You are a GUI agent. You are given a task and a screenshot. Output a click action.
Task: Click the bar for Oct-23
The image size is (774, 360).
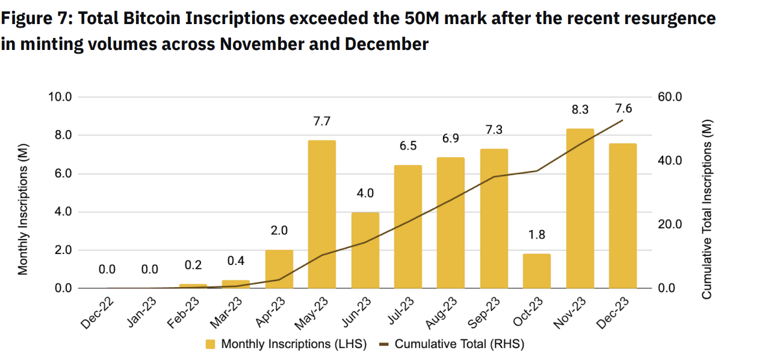pos(536,271)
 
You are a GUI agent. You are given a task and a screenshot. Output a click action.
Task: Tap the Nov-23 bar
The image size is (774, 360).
pos(580,208)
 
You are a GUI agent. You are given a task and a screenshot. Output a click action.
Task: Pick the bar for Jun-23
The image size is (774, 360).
pos(365,250)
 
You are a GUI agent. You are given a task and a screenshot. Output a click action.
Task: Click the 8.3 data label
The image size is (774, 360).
pos(580,110)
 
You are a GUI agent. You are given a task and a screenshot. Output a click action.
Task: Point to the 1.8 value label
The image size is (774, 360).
pos(536,235)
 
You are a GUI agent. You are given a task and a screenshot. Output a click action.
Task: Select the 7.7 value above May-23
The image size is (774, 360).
pos(321,122)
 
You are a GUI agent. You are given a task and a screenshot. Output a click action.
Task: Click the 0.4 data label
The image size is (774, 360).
pos(235,261)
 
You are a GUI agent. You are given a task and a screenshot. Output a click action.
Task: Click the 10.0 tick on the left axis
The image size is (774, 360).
pos(60,97)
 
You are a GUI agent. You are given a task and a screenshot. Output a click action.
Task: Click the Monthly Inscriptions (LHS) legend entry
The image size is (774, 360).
pos(286,344)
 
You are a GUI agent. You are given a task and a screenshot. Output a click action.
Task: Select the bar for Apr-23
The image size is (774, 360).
pos(279,269)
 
